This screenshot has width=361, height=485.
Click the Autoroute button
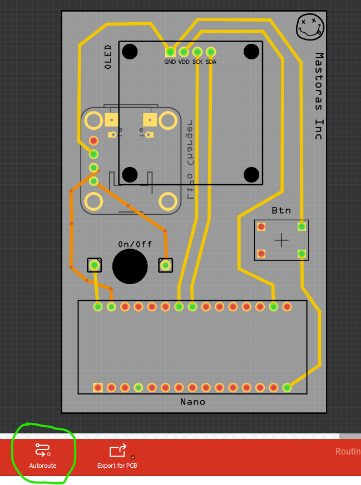(x=42, y=455)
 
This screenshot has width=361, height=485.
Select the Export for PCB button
(x=117, y=455)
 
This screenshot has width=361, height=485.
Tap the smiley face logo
(x=310, y=26)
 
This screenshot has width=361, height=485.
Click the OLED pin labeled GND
(x=170, y=52)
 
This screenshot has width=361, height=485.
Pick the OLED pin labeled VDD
(x=184, y=52)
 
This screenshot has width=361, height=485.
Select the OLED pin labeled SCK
(x=197, y=52)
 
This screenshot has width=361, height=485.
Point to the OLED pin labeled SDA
(x=211, y=52)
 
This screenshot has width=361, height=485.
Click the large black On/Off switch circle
(x=130, y=266)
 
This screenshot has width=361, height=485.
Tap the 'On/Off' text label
(x=135, y=244)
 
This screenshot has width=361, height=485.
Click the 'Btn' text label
(x=281, y=210)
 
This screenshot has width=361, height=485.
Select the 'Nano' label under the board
(x=192, y=402)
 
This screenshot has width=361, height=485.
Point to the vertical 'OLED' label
(x=108, y=57)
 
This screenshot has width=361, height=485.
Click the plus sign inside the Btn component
(x=281, y=240)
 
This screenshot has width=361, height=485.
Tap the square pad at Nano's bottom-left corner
(x=98, y=387)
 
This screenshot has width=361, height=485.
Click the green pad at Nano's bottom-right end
(x=287, y=387)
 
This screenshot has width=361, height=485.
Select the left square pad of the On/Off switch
(x=95, y=265)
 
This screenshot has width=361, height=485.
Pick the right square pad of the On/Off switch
(x=165, y=265)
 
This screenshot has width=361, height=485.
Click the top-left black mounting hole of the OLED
(x=130, y=52)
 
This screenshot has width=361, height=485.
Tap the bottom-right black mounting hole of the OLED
(x=252, y=175)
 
